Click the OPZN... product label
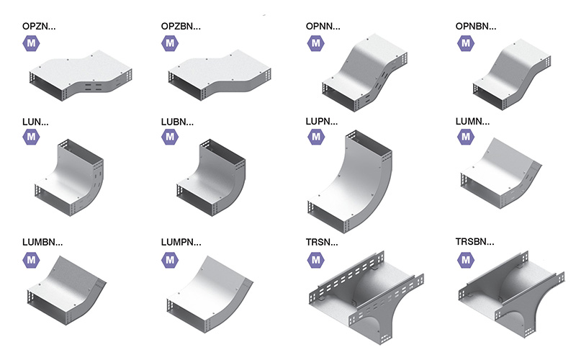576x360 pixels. (x=39, y=27)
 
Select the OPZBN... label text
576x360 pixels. (x=181, y=27)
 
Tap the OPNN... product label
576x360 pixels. (x=323, y=27)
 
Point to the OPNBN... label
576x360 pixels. (x=476, y=27)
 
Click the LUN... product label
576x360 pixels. (x=35, y=122)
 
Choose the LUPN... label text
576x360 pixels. (x=321, y=122)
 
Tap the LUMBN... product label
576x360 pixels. (x=42, y=243)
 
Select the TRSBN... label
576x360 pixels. (x=474, y=242)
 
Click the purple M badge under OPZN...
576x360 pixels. (x=31, y=43)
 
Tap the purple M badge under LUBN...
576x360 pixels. (x=170, y=137)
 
